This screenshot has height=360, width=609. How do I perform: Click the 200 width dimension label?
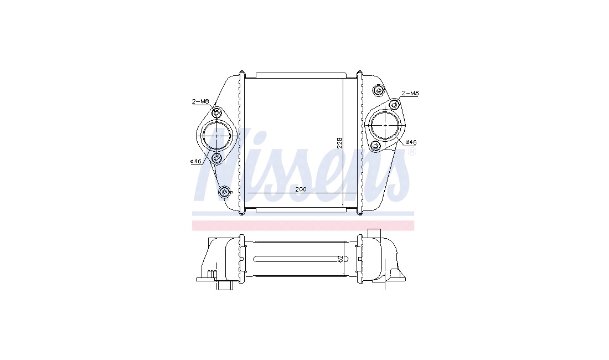click(x=301, y=189)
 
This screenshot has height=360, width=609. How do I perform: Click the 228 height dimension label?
click(x=339, y=142)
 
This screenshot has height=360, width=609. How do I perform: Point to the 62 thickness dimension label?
click(x=341, y=259)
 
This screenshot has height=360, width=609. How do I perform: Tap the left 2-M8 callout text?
click(x=200, y=102)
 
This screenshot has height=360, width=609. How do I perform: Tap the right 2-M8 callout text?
click(x=410, y=93)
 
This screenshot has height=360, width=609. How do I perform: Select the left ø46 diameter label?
click(x=195, y=161)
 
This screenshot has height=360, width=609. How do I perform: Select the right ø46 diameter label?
click(x=411, y=142)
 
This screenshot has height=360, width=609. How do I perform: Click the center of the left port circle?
click(x=216, y=135)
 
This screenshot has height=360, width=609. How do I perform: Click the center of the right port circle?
click(x=385, y=125)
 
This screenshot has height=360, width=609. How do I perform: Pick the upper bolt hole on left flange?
click(x=216, y=113)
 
